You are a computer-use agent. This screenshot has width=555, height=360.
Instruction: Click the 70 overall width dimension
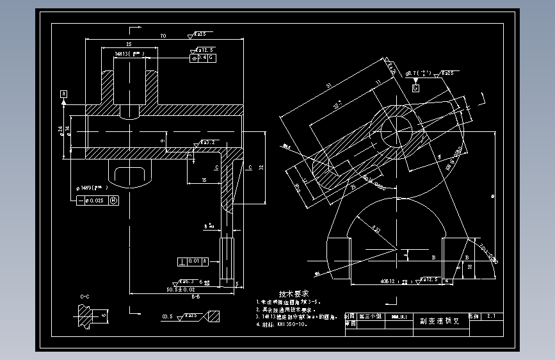(x=163, y=36)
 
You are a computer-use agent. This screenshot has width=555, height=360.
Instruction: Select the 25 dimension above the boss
(x=129, y=44)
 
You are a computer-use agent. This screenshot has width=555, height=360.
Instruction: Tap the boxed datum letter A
(x=63, y=94)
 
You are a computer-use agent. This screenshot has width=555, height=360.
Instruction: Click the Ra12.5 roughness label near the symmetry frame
(x=203, y=49)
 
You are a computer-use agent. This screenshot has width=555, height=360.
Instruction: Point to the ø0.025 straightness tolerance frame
(x=98, y=200)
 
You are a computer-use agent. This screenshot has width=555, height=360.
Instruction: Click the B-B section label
(x=196, y=297)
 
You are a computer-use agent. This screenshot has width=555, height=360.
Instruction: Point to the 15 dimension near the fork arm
(x=204, y=181)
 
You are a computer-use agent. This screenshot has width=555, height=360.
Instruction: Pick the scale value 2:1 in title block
(x=491, y=316)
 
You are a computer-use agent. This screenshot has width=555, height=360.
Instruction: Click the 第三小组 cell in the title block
(x=369, y=316)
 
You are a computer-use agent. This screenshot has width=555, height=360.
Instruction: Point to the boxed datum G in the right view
(x=415, y=86)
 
